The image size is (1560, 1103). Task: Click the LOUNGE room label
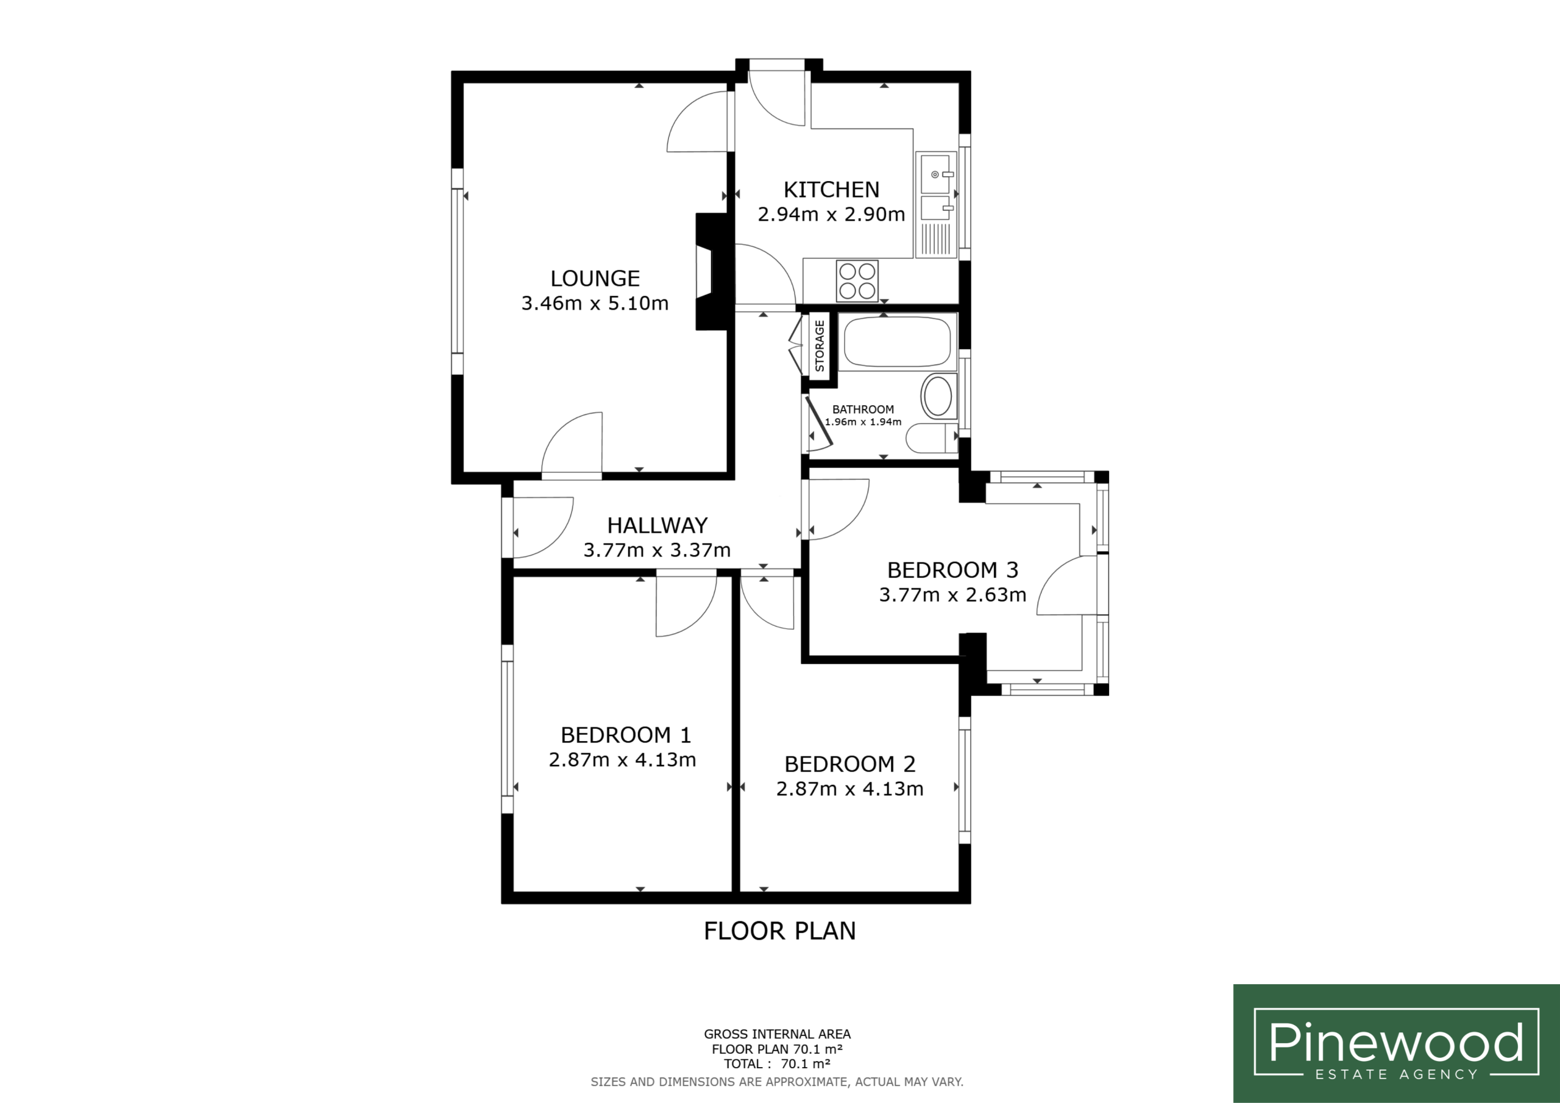[595, 278]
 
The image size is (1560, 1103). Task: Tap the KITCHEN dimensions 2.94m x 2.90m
[831, 215]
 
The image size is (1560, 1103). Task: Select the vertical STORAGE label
[820, 346]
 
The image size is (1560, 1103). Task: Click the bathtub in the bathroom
[897, 342]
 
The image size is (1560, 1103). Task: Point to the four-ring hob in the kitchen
[857, 282]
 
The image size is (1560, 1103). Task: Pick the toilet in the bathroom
[932, 438]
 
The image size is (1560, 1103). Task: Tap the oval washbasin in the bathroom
[938, 396]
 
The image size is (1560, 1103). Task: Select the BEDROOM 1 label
[626, 735]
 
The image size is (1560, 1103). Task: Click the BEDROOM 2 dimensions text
[849, 789]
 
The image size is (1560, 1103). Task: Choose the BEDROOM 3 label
[952, 570]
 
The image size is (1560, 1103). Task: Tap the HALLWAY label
[657, 525]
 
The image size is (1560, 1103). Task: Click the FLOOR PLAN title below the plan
[779, 931]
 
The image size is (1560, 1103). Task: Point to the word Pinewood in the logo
[1395, 1042]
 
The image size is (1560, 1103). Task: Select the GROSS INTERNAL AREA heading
[778, 1034]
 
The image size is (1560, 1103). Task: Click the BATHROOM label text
[863, 409]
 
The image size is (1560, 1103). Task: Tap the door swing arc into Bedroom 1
[697, 615]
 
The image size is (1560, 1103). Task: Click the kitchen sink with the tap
[935, 172]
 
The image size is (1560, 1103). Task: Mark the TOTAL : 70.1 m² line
[778, 1063]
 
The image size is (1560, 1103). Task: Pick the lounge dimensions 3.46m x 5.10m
[595, 303]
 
